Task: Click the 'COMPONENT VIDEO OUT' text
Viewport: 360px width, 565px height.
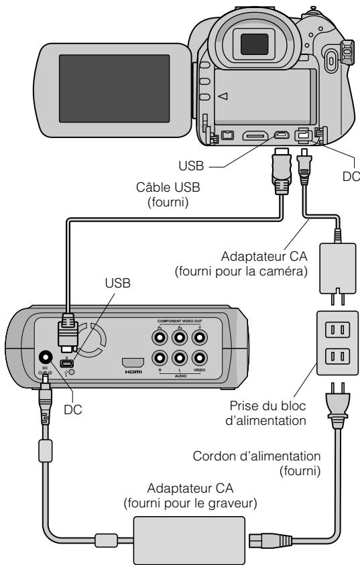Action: point(180,322)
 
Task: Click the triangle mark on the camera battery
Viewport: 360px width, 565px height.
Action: point(223,97)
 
